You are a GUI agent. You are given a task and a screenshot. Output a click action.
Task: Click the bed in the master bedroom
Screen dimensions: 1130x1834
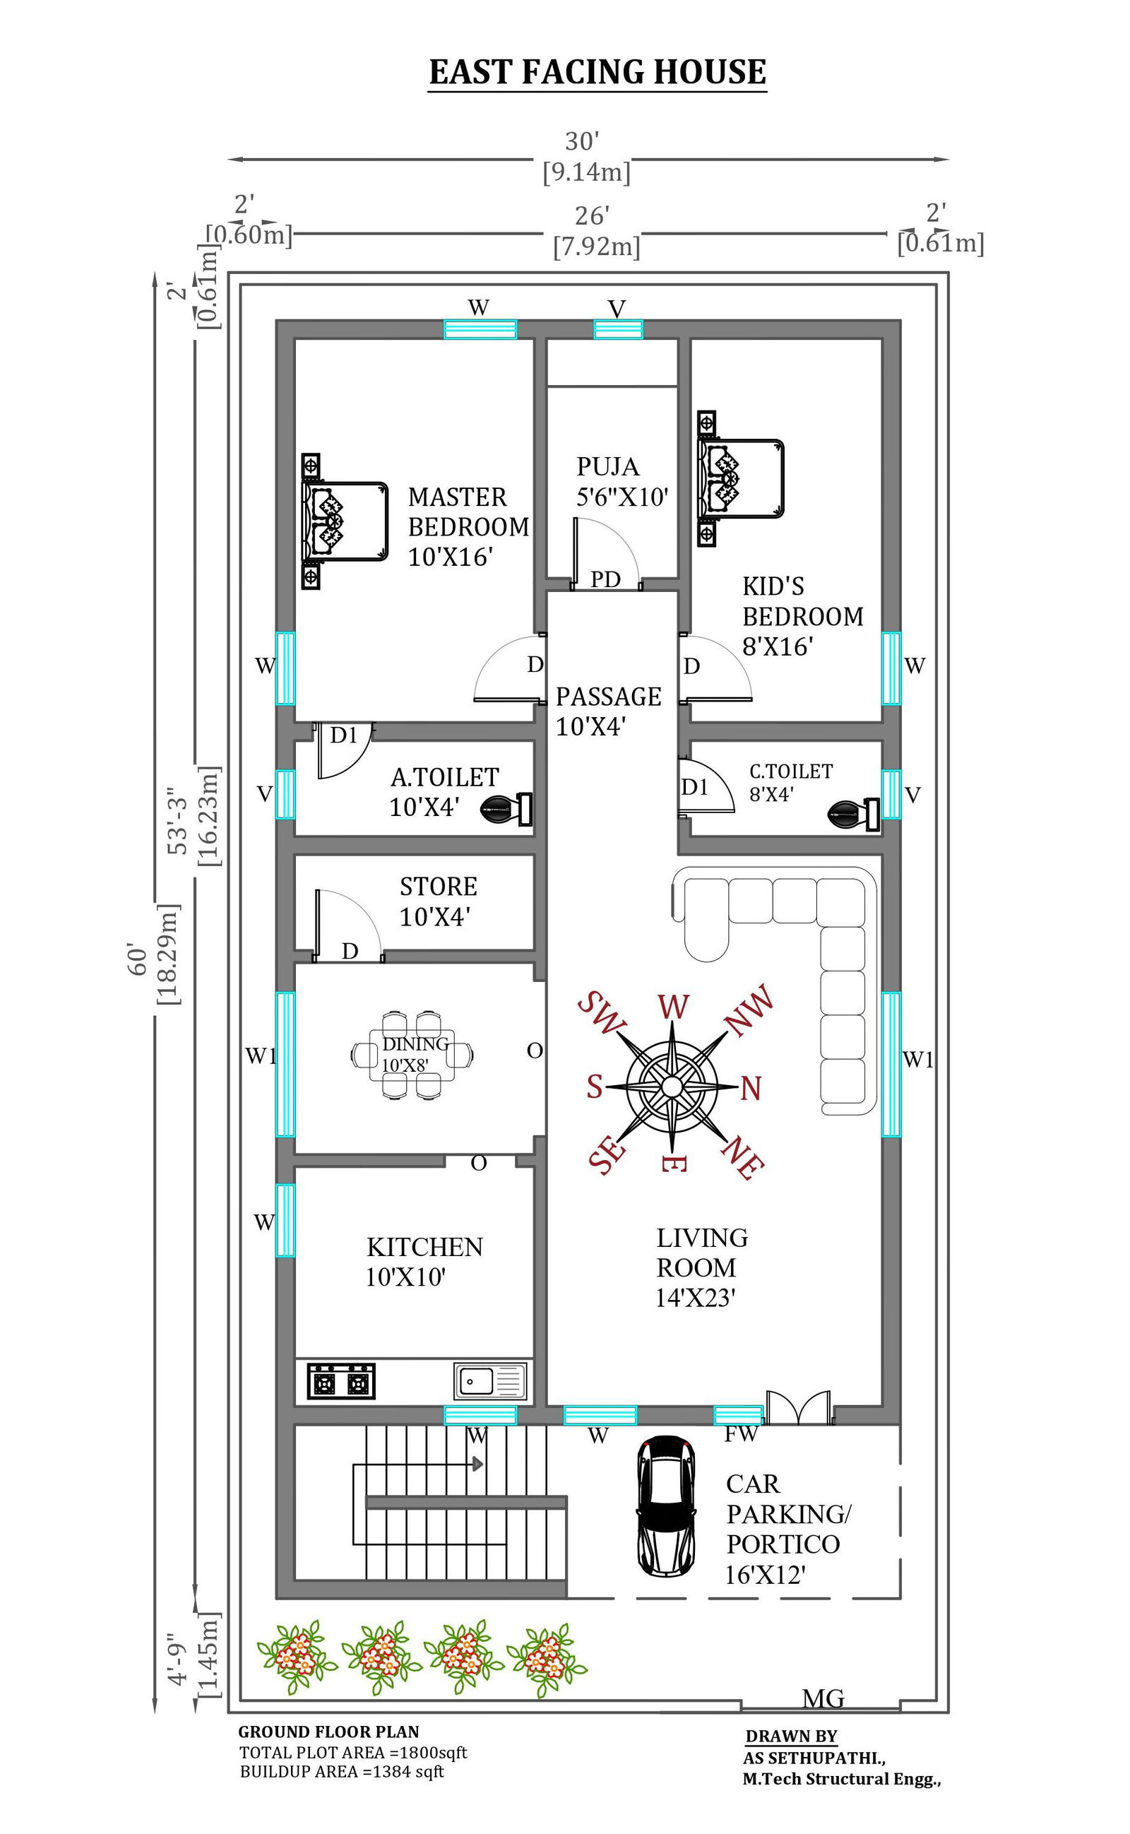344,521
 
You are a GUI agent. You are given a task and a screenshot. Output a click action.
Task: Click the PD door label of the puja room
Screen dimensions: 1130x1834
605,579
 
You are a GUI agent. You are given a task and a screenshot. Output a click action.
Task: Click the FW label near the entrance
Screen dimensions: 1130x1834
741,1434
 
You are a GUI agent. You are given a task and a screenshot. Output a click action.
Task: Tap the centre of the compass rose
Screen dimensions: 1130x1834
672,1085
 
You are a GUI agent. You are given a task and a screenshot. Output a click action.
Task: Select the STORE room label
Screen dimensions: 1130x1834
438,887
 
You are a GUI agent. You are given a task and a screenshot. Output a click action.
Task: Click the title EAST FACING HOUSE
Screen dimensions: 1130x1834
597,72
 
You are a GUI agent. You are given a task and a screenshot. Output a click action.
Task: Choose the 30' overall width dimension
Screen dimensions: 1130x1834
582,140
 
